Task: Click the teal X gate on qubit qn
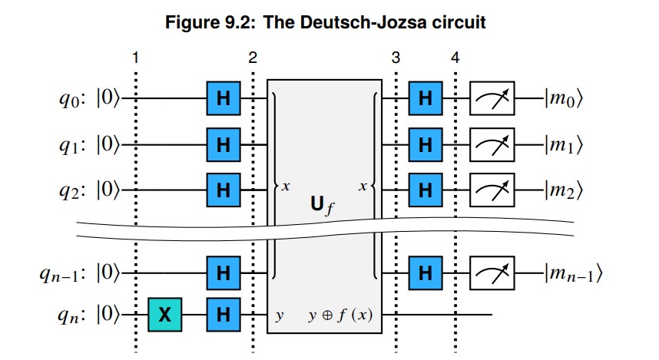point(165,315)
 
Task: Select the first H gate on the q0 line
point(224,98)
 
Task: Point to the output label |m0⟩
point(565,98)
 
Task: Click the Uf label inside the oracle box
point(323,206)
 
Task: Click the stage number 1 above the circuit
point(135,58)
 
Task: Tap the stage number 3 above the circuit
point(396,58)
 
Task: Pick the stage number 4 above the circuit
point(455,58)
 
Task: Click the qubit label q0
point(74,99)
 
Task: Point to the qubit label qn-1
point(65,272)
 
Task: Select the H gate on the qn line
point(224,315)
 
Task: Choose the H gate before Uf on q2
point(224,185)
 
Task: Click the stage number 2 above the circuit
point(253,58)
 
